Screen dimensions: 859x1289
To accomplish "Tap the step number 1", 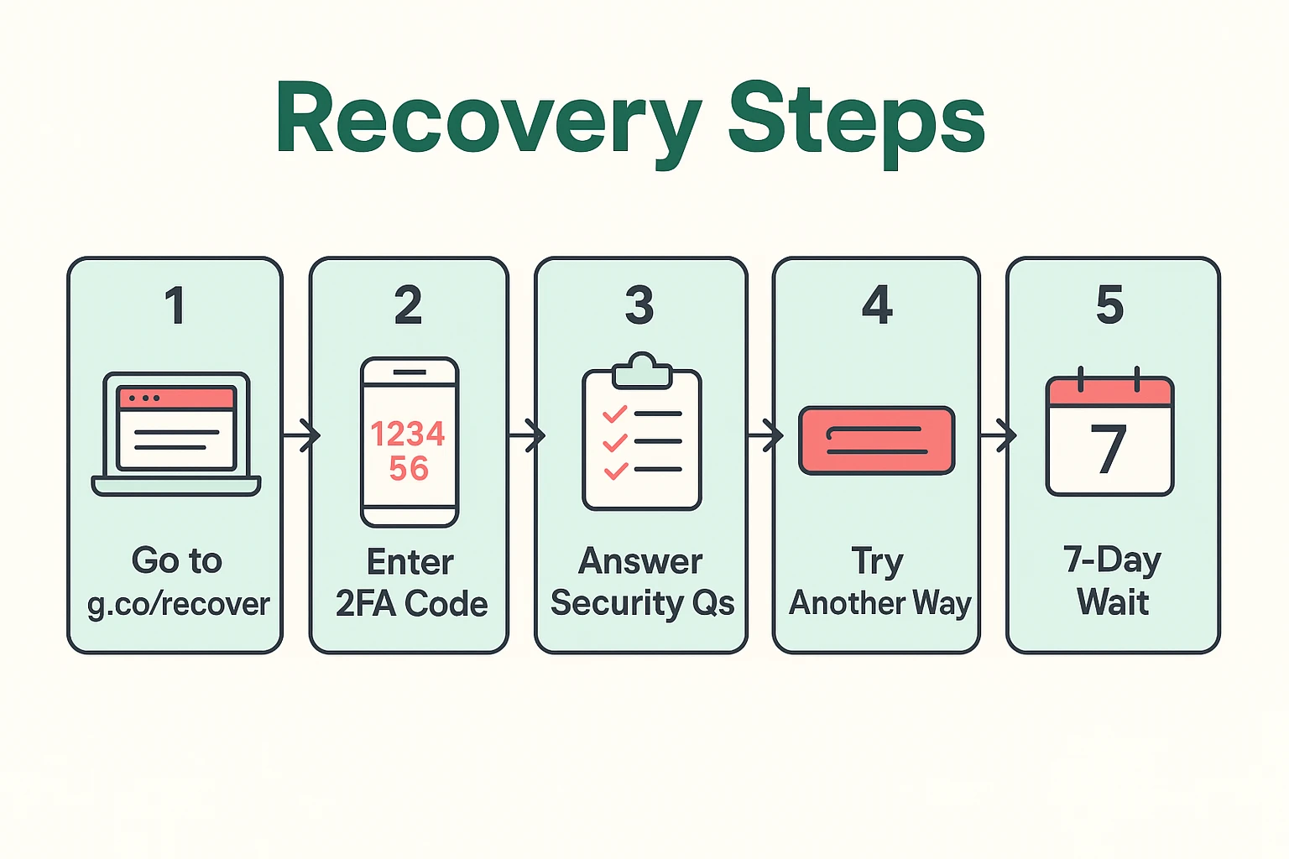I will click(175, 305).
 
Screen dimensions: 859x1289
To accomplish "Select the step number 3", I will click(639, 305).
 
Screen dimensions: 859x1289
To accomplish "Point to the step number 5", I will click(1109, 305).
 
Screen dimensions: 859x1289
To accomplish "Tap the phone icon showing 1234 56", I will click(410, 442).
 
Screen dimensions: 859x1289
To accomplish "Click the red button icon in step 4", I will click(877, 440).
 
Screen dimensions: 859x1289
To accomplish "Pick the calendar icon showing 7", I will click(1109, 434).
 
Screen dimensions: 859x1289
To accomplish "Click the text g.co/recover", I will click(179, 604).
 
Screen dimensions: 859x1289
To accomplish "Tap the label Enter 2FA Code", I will click(411, 583).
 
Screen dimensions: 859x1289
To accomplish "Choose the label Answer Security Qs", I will click(642, 583).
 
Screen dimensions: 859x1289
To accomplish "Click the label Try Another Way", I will click(879, 583).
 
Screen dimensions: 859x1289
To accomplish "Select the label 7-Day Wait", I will click(1112, 581).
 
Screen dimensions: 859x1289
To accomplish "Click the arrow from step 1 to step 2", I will click(302, 435).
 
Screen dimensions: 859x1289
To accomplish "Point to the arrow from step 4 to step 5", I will click(999, 435).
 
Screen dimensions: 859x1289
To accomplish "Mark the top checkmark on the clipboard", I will click(615, 414).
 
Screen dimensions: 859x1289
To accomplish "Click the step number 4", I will click(877, 305).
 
